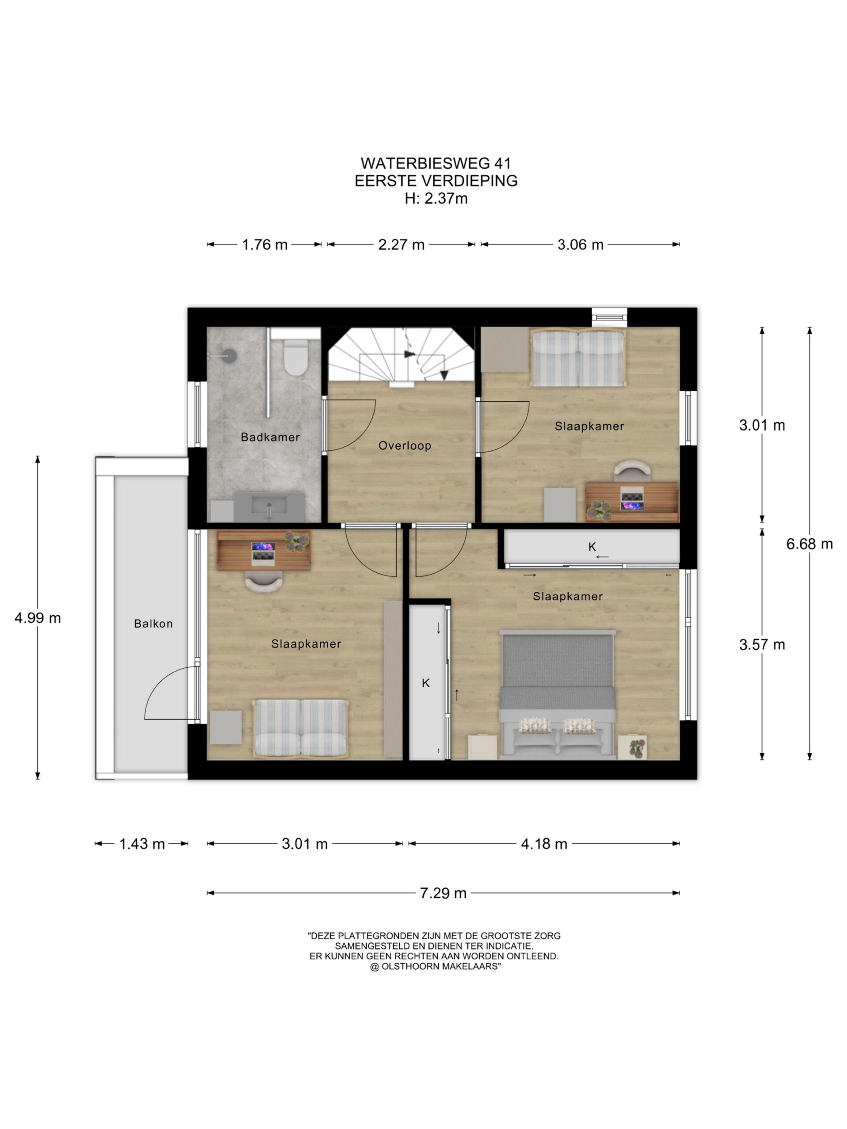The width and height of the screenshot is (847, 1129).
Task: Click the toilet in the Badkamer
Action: click(295, 357)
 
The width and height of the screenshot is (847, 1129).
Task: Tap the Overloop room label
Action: click(405, 445)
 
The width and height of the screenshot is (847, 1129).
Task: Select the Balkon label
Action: click(153, 623)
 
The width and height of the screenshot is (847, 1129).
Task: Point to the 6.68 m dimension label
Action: click(809, 544)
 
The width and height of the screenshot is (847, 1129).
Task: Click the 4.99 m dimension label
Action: click(38, 618)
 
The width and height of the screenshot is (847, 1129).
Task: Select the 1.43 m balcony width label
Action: click(142, 844)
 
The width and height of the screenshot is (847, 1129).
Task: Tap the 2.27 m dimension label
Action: click(401, 245)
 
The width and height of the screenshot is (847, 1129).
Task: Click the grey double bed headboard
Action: click(558, 633)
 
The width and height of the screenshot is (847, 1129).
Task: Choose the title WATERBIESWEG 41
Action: click(435, 163)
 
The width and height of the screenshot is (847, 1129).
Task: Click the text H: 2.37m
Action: click(436, 198)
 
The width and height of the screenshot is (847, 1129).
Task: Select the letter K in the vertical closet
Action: click(426, 683)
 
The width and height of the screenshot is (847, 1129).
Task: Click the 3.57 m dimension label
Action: click(762, 645)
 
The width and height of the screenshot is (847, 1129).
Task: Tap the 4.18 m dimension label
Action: click(544, 844)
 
